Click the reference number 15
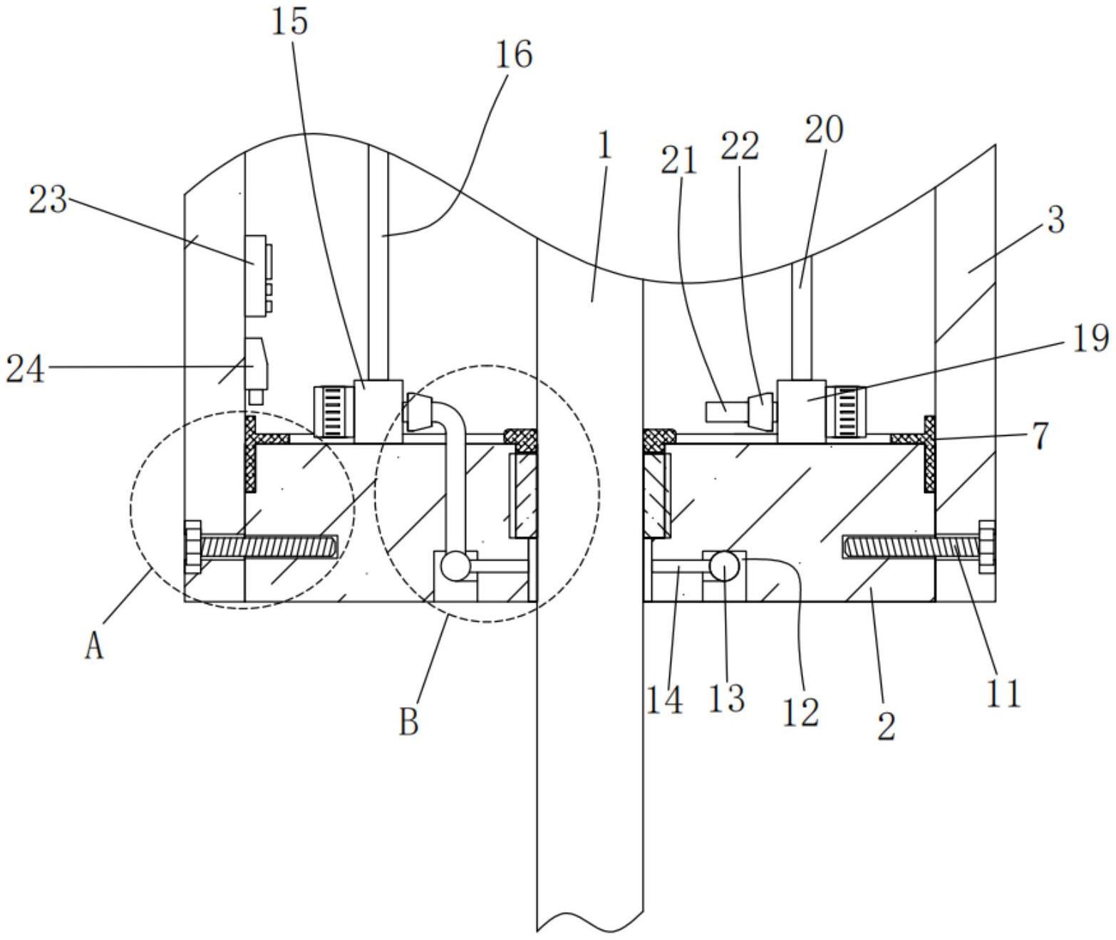(x=289, y=22)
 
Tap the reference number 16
(x=514, y=54)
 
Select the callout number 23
(x=48, y=199)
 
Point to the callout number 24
(x=25, y=369)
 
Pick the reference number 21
(x=678, y=161)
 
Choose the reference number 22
(x=740, y=146)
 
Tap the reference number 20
(x=824, y=129)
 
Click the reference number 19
(x=1090, y=338)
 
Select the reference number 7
(x=1040, y=435)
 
